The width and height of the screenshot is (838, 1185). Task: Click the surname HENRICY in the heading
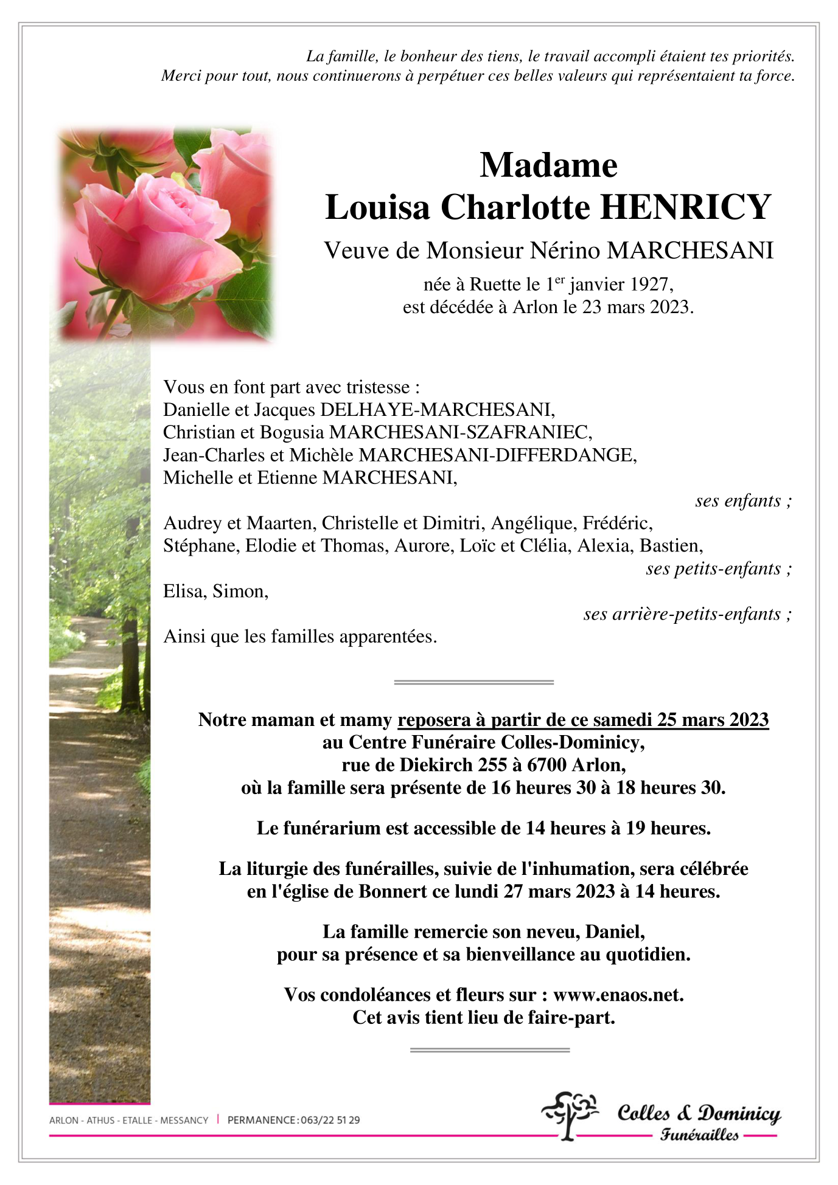point(686,207)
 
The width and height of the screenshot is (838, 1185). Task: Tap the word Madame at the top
point(548,165)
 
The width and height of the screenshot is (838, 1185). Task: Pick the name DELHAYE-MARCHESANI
point(437,410)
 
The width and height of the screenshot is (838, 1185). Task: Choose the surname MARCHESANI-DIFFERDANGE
point(497,455)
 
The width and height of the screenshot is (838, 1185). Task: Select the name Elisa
point(185,592)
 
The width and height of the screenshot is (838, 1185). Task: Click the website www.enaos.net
point(618,995)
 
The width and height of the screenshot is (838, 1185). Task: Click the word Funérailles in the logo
point(699,1135)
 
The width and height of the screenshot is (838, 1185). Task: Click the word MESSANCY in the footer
point(184,1120)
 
